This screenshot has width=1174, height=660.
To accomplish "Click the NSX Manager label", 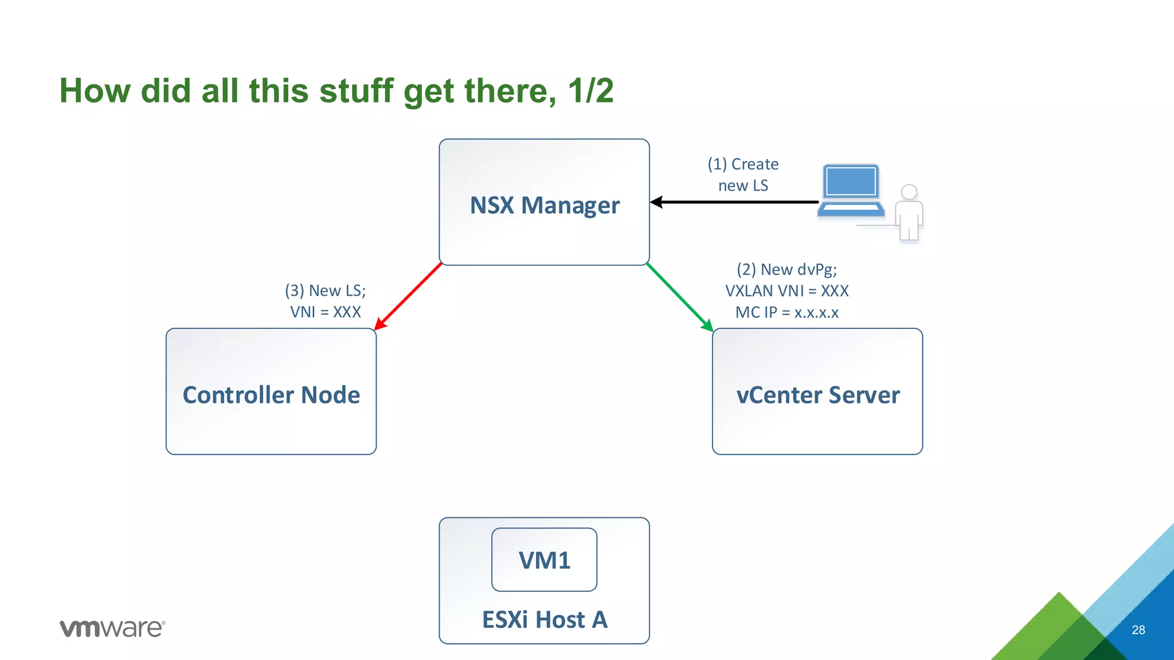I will [545, 205].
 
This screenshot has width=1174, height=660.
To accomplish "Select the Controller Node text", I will [271, 395].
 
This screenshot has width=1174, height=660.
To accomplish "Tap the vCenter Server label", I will [817, 395].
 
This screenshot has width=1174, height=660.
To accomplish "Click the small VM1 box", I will [544, 560].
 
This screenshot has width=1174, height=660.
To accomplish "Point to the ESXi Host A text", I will [544, 619].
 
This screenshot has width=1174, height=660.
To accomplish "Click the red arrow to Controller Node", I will [408, 296].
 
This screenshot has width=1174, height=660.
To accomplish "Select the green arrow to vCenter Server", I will [680, 297].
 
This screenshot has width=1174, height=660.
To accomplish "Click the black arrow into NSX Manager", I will [734, 202].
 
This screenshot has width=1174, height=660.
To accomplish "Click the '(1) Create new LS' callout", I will [743, 175].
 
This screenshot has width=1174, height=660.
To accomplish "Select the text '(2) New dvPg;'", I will [786, 269].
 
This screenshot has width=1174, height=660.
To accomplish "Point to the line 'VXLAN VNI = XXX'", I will [786, 291].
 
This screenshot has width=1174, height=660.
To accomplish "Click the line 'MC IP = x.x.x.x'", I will [786, 312].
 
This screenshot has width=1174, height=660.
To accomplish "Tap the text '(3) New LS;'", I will [325, 290].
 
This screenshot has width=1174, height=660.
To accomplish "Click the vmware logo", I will [112, 628].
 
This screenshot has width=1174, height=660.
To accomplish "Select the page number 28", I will [1138, 630].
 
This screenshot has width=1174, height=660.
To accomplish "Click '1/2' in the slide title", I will [590, 91].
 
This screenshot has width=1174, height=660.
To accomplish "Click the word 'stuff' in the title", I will [356, 91].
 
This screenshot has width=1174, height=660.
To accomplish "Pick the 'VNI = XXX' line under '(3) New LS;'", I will [325, 312].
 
